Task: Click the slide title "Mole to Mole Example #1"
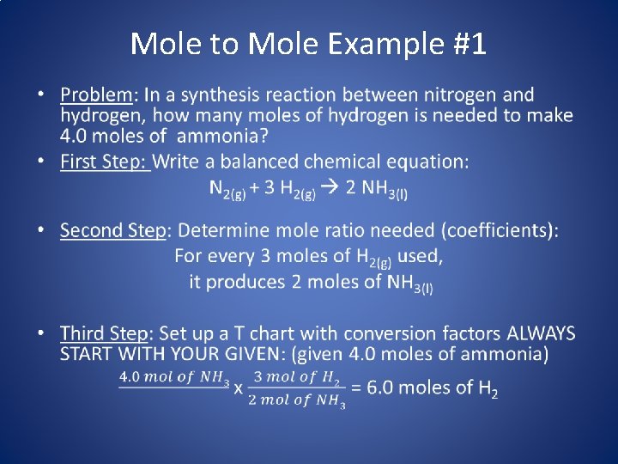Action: (308, 43)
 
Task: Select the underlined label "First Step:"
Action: (105, 162)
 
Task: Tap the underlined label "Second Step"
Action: (112, 230)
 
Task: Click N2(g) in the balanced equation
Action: (227, 189)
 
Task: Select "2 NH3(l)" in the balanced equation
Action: (376, 189)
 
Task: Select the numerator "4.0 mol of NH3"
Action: (173, 377)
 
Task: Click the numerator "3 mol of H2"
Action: (296, 377)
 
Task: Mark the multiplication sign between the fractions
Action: (239, 388)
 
